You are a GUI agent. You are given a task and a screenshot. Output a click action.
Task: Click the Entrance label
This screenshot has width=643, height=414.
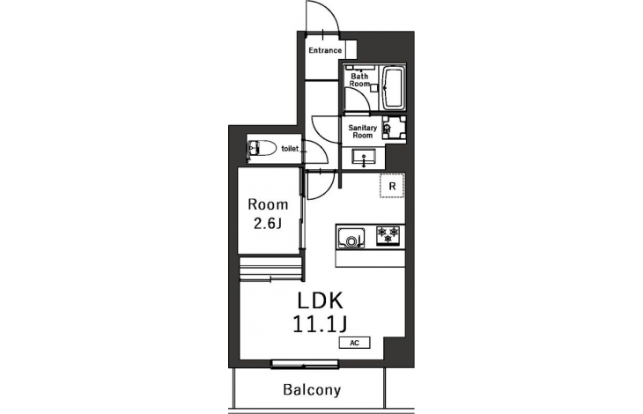[325, 50]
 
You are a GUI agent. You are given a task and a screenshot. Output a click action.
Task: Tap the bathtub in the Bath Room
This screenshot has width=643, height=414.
[394, 88]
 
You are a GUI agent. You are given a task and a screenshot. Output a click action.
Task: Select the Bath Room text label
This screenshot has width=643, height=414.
[359, 80]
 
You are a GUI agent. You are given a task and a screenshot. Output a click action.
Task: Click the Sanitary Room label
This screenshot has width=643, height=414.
[363, 131]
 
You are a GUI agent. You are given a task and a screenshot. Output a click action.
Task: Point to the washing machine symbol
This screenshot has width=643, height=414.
[394, 128]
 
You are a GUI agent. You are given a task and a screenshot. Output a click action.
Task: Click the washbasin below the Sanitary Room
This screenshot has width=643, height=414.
[363, 158]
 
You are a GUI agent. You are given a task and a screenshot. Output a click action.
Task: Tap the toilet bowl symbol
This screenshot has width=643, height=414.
[262, 148]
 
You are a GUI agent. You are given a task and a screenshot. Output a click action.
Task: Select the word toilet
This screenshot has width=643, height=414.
[290, 149]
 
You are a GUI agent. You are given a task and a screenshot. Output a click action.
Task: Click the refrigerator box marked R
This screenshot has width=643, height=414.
[392, 186]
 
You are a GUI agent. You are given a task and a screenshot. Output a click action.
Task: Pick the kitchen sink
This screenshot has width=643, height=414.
[351, 238]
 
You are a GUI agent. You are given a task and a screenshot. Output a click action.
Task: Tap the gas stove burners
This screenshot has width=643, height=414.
[388, 235]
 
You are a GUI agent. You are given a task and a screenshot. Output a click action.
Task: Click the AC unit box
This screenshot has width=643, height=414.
[355, 343]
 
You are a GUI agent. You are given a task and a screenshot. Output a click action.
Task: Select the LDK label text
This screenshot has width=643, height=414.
[320, 301]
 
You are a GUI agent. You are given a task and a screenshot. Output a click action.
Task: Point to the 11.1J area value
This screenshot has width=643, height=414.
[320, 324]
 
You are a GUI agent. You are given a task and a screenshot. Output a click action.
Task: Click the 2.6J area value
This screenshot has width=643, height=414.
[268, 224]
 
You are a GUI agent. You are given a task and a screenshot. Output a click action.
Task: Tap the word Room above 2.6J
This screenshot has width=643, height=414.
[268, 204]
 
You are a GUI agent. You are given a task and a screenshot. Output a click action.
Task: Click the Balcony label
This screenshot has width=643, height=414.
[312, 389]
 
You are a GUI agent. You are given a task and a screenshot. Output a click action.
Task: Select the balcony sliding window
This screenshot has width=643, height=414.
[305, 364]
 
